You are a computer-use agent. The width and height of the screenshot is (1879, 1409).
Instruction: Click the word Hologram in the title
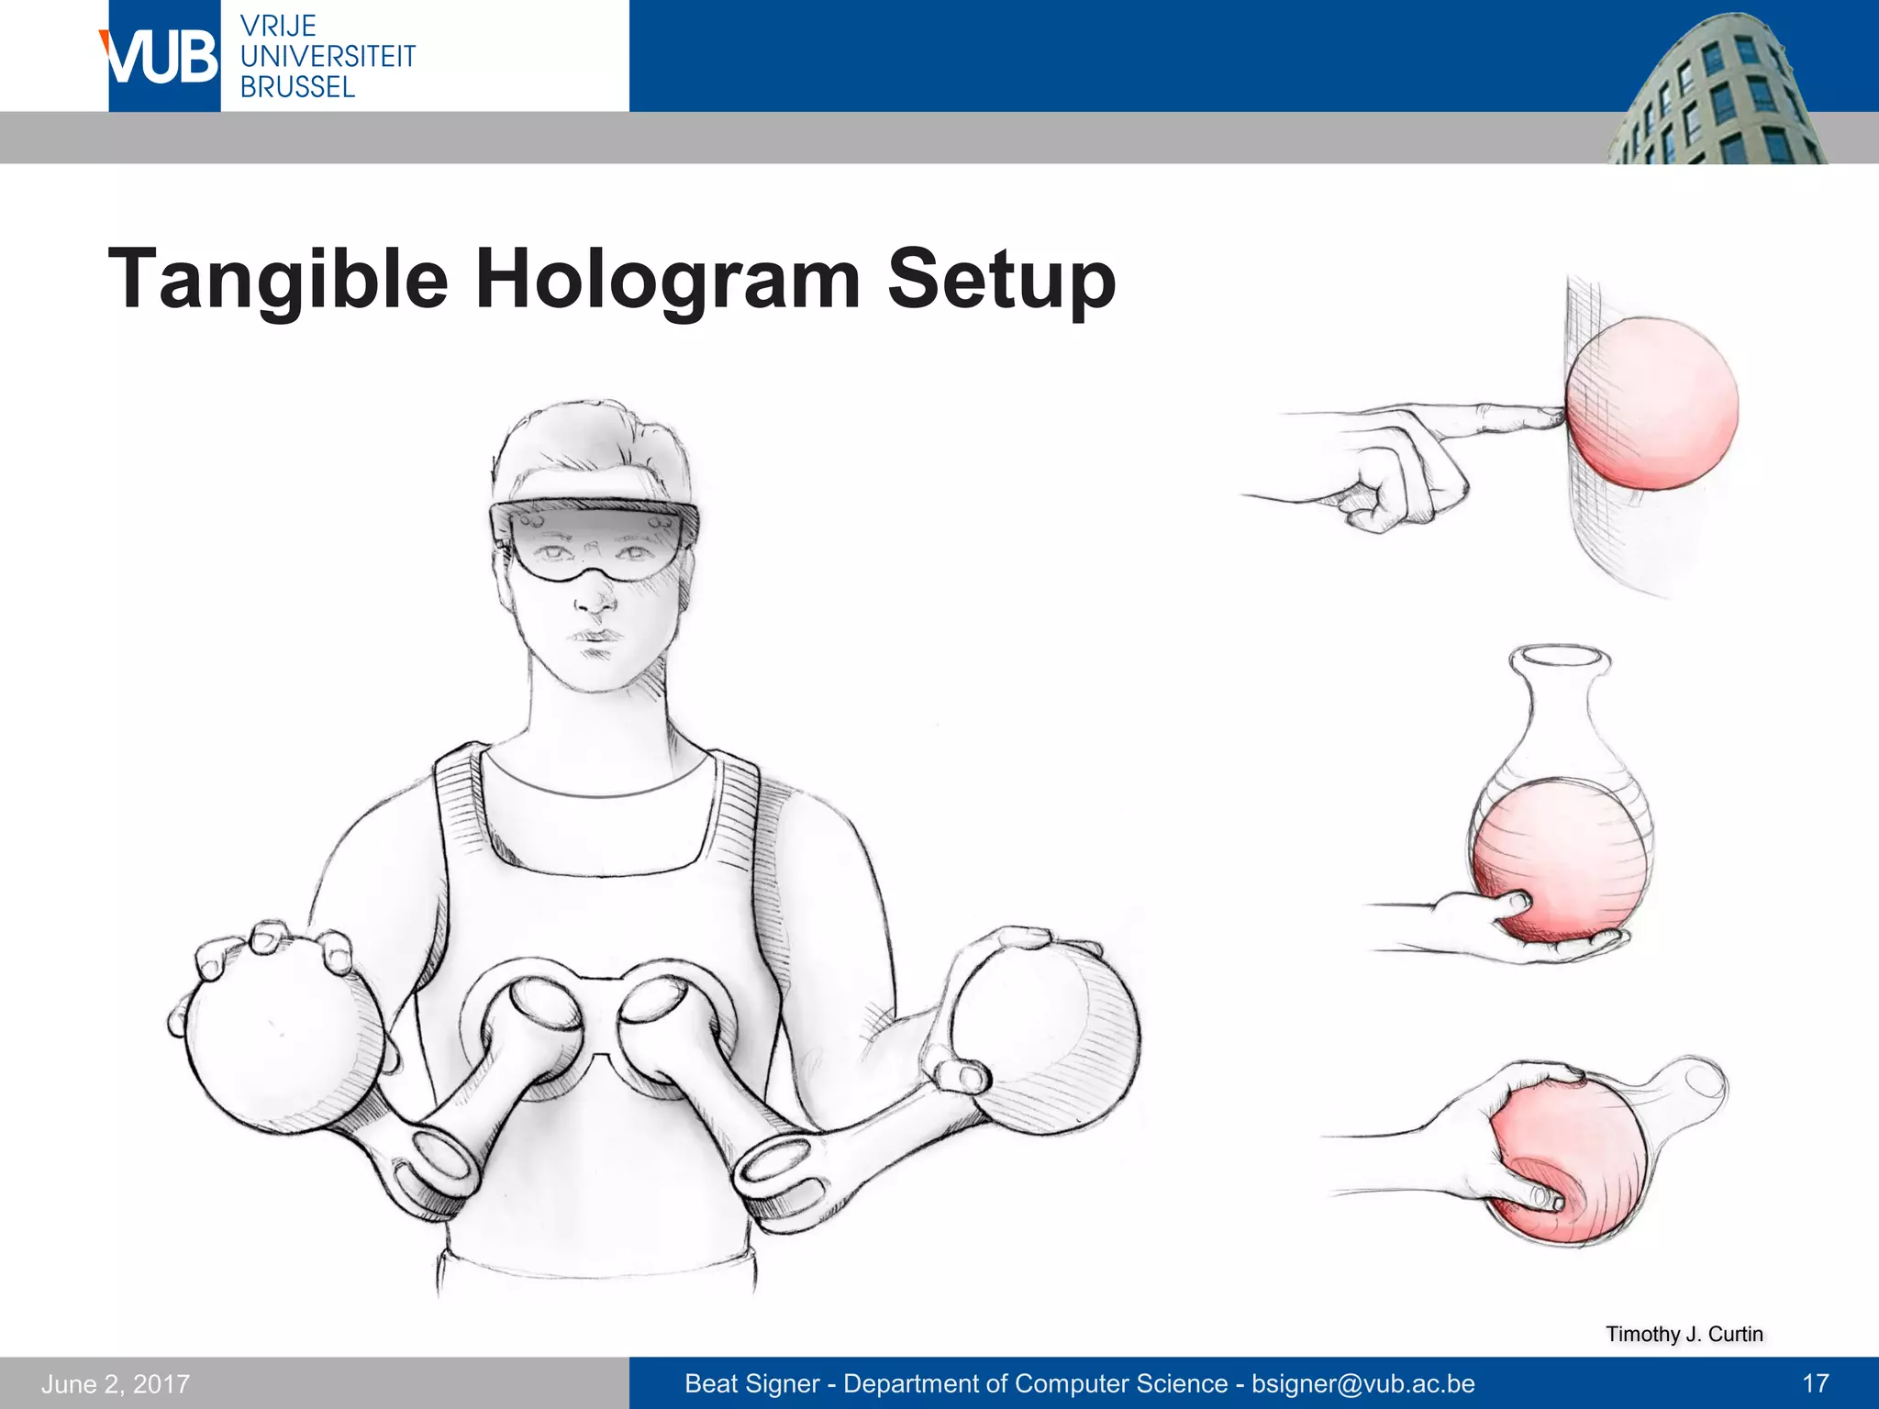[x=667, y=279]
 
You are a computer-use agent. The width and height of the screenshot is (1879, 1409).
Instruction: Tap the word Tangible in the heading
[x=278, y=279]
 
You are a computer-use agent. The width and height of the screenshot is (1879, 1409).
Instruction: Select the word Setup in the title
[x=1001, y=279]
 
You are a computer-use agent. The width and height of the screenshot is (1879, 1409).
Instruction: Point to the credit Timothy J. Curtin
[x=1684, y=1334]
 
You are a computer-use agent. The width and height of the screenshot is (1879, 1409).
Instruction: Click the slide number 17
[x=1815, y=1383]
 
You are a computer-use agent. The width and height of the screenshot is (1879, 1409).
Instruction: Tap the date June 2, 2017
[x=116, y=1383]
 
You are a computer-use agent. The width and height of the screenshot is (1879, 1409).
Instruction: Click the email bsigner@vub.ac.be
[x=1363, y=1383]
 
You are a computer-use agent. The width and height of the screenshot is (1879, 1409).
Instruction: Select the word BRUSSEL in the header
[x=297, y=87]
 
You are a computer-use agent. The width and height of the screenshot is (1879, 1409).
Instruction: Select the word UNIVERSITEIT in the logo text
[x=328, y=56]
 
